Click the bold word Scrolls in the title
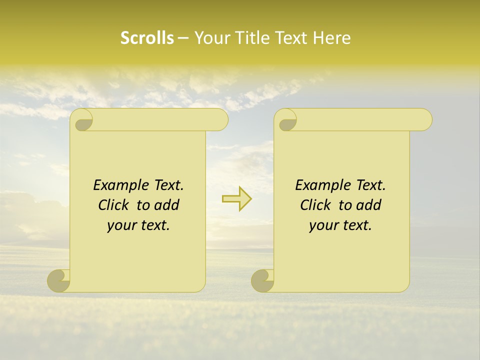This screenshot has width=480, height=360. [147, 38]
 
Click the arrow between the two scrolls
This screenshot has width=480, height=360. [236, 199]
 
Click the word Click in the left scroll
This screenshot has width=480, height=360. [113, 205]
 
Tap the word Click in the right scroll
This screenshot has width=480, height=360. [315, 205]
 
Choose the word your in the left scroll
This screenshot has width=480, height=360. [121, 226]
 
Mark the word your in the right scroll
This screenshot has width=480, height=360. [323, 226]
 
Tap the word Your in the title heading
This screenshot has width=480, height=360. [210, 38]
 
